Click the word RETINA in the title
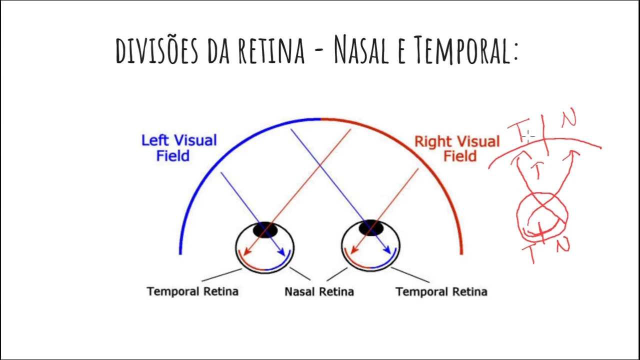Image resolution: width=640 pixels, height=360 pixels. (x=271, y=50)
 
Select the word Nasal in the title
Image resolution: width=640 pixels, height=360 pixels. (x=361, y=50)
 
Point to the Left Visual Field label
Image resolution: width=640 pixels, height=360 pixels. (x=178, y=147)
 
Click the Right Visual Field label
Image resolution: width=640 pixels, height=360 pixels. (x=457, y=148)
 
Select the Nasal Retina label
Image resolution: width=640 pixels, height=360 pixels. (x=319, y=291)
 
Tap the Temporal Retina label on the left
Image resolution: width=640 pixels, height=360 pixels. (x=192, y=291)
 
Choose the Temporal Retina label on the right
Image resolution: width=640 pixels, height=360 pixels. (x=441, y=291)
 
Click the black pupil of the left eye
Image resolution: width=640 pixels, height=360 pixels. (x=265, y=230)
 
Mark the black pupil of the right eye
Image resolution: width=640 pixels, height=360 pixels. (x=370, y=228)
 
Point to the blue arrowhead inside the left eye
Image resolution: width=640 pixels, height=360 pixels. (x=281, y=252)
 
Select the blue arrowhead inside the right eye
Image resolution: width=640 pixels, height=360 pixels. (x=387, y=248)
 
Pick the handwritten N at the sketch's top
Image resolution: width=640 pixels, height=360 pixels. (x=568, y=119)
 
